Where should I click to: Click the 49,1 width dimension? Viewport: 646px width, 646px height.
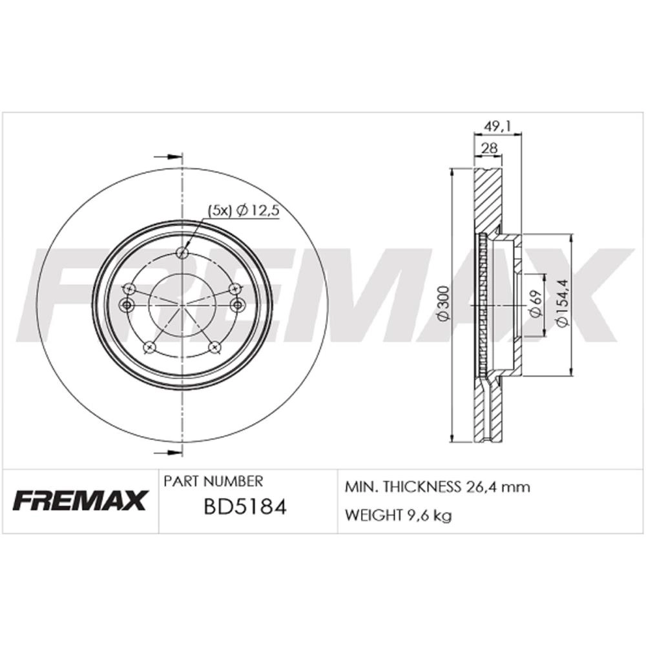497,127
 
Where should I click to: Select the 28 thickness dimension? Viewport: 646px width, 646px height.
489,149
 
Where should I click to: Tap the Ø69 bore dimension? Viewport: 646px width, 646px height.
536,305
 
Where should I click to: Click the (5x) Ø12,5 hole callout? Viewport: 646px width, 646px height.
244,211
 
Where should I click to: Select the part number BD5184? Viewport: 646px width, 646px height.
245,507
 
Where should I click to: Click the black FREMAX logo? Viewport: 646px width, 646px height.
79,500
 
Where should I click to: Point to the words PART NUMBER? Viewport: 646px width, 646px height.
213,481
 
